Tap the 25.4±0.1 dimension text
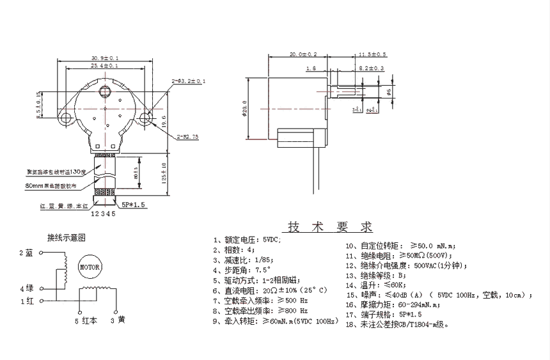pos(105,66)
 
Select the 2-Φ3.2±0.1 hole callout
pos(188,81)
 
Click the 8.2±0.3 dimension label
pos(371,68)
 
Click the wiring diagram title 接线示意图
pos(67,237)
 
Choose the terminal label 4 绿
pos(26,288)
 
